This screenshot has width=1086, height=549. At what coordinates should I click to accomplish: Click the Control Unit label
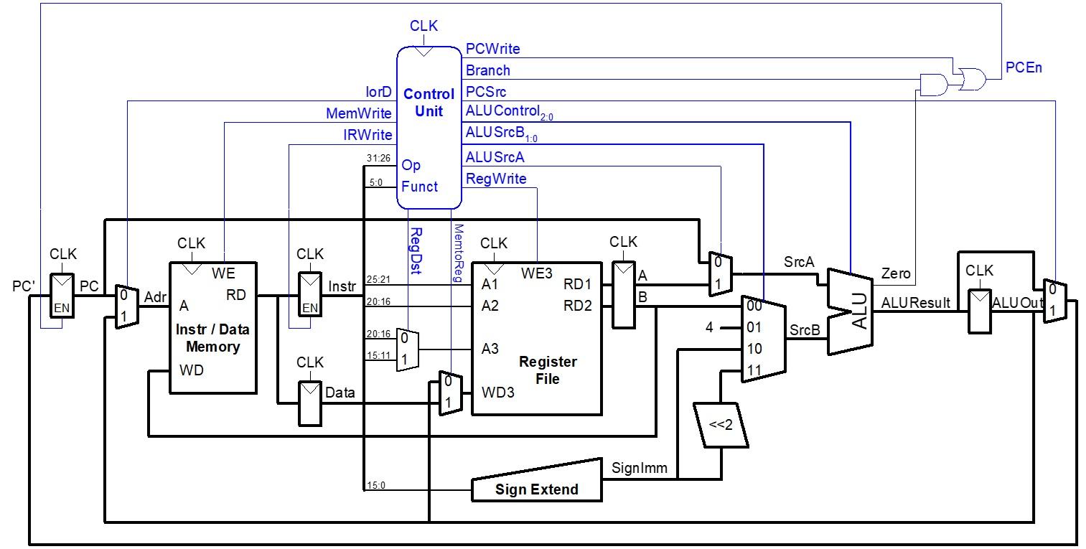point(429,103)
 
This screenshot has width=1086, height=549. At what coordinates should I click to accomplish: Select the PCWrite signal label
point(492,49)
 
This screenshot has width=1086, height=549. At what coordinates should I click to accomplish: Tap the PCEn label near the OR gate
point(1023,68)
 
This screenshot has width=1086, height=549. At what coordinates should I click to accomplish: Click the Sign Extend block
point(536,489)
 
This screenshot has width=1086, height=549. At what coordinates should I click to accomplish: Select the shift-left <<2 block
point(721,425)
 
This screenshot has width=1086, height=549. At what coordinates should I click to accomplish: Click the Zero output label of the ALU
point(895,273)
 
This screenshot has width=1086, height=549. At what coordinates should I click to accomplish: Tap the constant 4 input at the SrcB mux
point(709,328)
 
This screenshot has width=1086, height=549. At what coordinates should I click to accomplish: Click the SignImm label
point(639,469)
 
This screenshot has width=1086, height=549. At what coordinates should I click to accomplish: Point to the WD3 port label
point(497,393)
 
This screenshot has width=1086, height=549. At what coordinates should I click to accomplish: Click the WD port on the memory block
point(191,371)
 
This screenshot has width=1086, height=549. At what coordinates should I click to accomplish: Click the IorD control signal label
point(378,92)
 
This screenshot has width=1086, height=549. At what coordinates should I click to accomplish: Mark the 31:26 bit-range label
point(378,158)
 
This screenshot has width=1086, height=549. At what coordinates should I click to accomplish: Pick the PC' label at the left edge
point(24,287)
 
